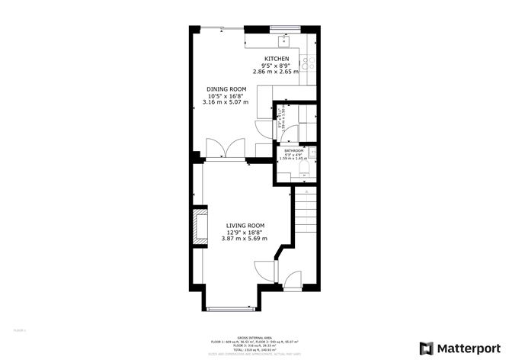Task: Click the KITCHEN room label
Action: click(277, 59)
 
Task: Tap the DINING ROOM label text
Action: click(226, 89)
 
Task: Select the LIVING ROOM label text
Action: click(245, 226)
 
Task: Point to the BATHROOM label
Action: click(293, 151)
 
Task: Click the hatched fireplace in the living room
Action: click(201, 227)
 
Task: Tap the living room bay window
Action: click(231, 308)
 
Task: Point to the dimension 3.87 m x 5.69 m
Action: click(245, 239)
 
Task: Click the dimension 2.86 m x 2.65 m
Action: click(277, 72)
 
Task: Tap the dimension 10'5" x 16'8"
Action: click(226, 96)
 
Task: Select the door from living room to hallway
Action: click(264, 270)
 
